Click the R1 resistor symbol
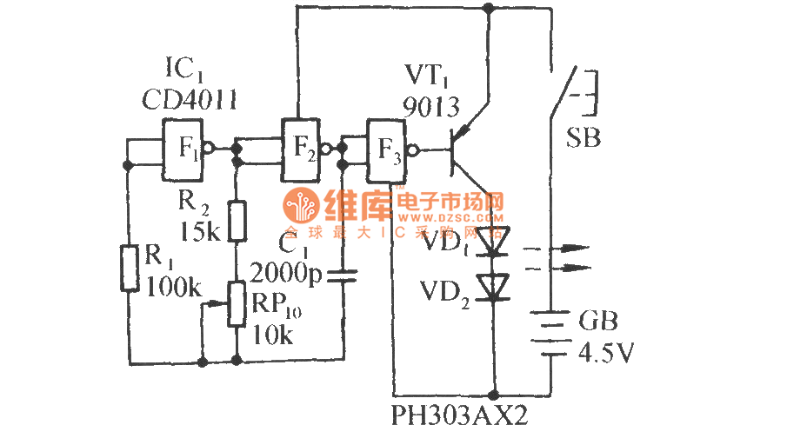130,267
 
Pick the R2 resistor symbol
237,218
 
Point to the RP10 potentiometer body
237,303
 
